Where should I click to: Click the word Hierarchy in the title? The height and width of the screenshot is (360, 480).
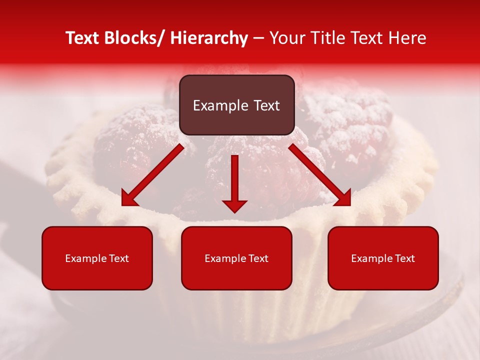[209, 38]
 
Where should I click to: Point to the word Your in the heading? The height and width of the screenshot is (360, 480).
[286, 38]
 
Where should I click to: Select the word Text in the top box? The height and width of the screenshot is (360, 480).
[266, 105]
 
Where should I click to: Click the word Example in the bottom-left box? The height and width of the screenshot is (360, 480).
[83, 258]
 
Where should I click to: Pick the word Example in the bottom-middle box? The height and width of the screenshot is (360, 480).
[222, 258]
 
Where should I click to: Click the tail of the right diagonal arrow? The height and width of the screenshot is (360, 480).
[295, 150]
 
